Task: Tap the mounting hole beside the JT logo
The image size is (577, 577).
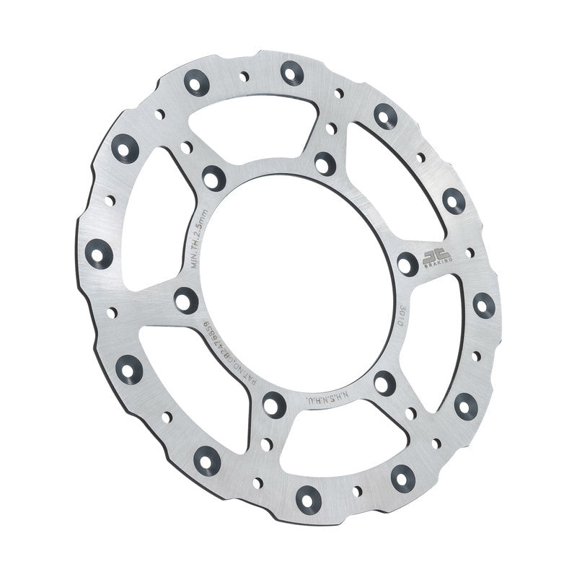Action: click(x=408, y=263)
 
